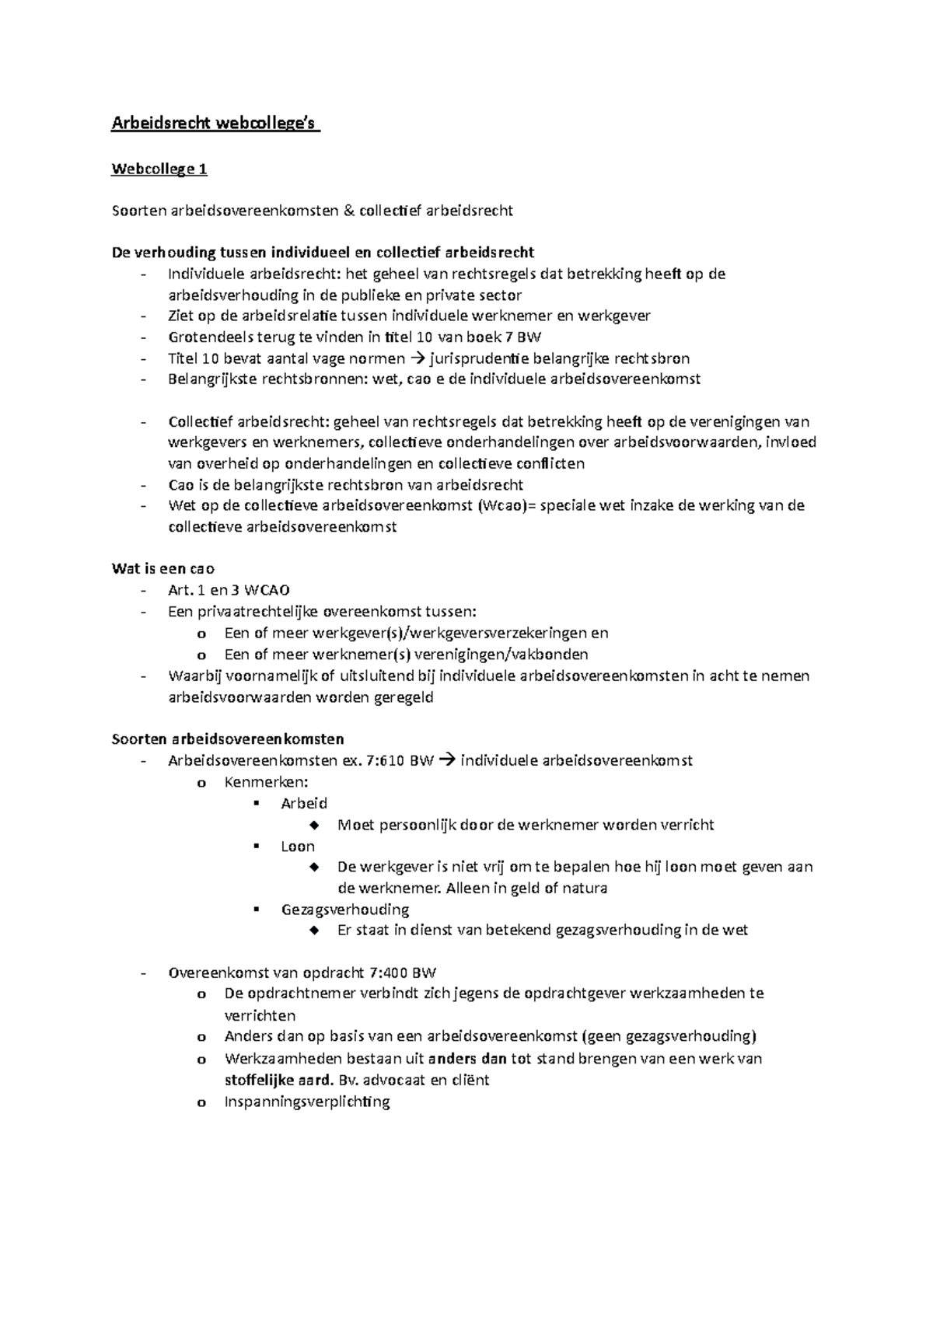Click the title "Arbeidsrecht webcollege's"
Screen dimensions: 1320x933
(215, 124)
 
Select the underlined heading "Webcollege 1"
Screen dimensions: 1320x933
(159, 169)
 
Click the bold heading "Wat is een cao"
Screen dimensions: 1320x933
(163, 568)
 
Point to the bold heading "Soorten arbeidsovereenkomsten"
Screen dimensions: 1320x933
(228, 739)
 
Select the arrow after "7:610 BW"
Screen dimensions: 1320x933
(446, 760)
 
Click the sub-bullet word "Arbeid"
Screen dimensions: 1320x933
(304, 803)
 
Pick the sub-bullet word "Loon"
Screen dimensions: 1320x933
(298, 847)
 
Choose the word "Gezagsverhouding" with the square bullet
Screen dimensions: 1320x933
(345, 910)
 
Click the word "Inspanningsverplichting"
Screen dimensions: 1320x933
(307, 1102)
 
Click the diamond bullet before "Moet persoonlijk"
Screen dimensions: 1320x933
(314, 825)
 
